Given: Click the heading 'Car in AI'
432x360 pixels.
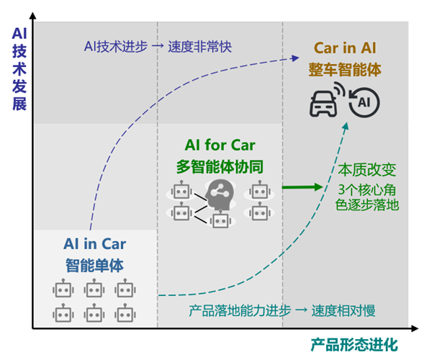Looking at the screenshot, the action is (345, 48).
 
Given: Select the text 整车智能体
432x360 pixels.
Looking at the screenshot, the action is (345, 69).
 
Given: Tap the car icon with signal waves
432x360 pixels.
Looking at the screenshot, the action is (327, 99).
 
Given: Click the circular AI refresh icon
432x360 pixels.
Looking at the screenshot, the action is (364, 102).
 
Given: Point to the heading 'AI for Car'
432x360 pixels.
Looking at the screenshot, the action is (220, 145).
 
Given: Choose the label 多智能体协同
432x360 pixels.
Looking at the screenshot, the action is (220, 166).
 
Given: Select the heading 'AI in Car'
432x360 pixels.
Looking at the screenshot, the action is (95, 244).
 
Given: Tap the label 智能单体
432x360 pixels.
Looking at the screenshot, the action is (94, 266).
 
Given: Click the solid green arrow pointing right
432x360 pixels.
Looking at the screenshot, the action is (302, 187).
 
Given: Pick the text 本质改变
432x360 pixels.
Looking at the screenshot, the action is (367, 170).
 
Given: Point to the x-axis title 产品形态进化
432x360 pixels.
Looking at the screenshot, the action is (354, 345).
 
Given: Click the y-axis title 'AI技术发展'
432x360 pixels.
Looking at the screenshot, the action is (19, 69).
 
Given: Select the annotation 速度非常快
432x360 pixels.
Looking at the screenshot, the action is (199, 47).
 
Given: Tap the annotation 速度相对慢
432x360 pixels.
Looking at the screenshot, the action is (343, 311).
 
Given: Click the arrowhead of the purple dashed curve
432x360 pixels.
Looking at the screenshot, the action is (295, 58).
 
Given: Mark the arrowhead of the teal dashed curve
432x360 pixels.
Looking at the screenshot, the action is (346, 126).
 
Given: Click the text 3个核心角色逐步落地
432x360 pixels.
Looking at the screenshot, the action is (367, 197).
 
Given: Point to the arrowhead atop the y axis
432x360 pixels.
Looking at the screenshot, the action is (33, 15).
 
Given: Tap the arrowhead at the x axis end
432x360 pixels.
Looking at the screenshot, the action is (415, 328).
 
